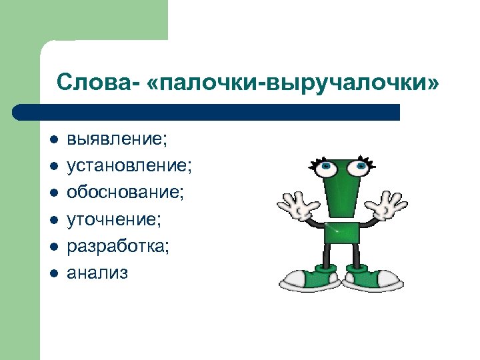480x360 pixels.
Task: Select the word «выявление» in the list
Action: (116, 141)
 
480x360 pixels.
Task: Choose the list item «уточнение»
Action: (113, 219)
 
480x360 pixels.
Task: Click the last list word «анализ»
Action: (97, 271)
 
